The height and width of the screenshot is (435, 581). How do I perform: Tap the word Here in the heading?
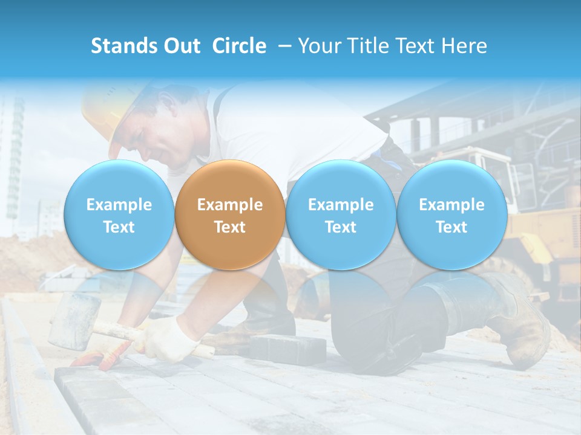point(465,46)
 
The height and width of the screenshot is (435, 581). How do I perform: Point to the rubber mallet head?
point(74,320)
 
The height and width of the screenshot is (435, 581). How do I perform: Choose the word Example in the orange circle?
point(229,205)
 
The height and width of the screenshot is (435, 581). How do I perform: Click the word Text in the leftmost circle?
point(119,227)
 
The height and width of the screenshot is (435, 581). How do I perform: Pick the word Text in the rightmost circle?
point(451,227)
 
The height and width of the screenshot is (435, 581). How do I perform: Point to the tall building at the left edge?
point(13,157)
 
